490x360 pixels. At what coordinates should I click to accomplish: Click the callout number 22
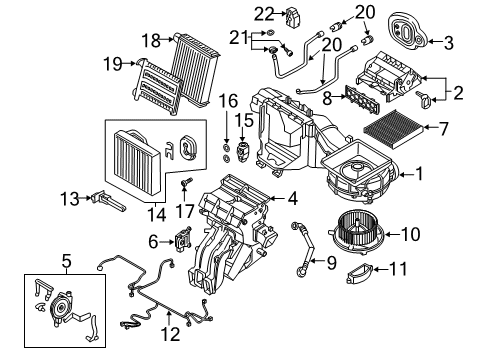tap(264, 14)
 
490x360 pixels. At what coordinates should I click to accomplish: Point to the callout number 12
tap(170, 334)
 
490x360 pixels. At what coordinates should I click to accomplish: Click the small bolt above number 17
tap(187, 182)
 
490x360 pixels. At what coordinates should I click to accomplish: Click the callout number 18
tap(151, 41)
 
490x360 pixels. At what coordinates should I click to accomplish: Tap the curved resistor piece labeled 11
tap(359, 273)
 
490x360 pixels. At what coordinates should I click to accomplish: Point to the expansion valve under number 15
tap(241, 149)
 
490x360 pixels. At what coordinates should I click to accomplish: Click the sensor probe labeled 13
tap(108, 201)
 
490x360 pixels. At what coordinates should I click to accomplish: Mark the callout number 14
tap(157, 215)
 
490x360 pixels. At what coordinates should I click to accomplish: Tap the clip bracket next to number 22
tap(292, 16)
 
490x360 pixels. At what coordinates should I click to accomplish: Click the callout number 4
tap(292, 199)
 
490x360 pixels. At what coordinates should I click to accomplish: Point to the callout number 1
tap(419, 174)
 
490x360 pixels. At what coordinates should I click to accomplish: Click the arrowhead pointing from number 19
tap(133, 63)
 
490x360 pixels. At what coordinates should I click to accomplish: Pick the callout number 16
tap(229, 101)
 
